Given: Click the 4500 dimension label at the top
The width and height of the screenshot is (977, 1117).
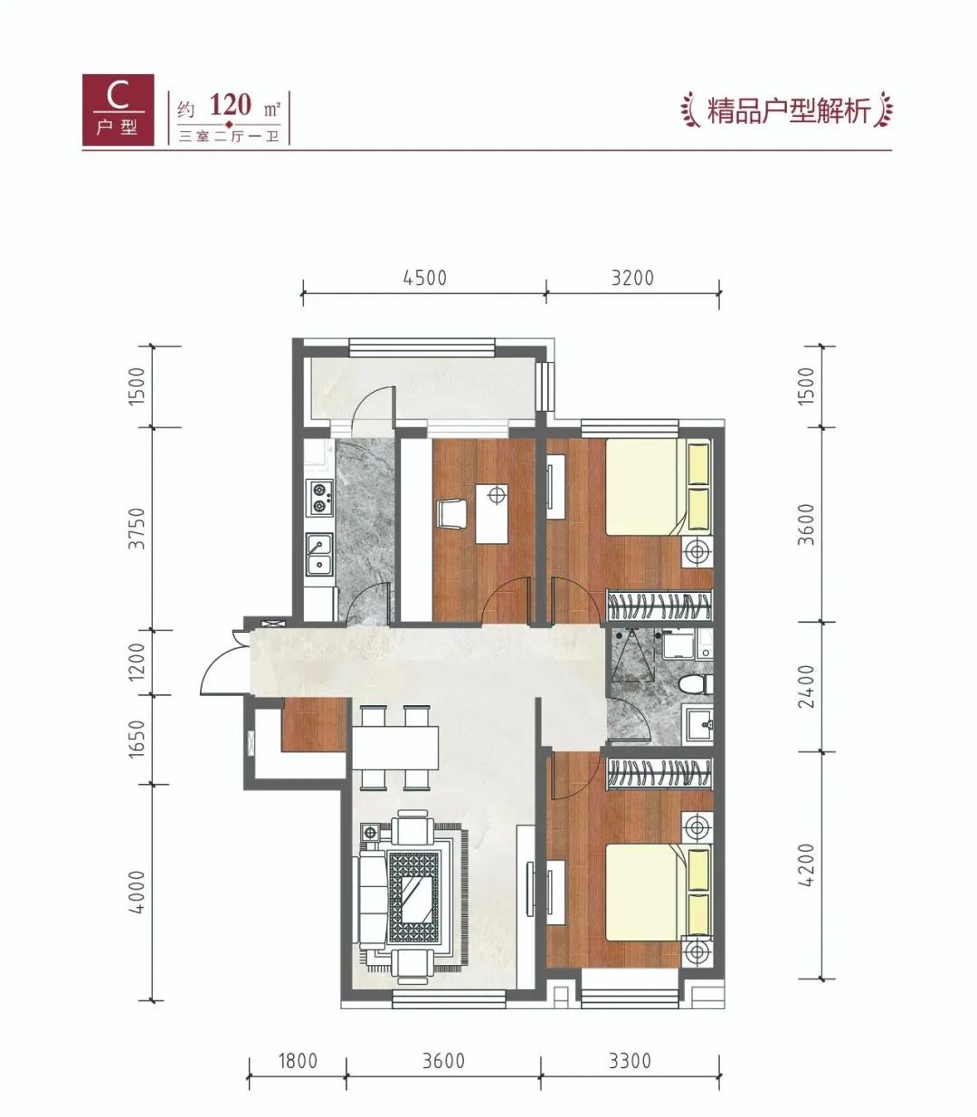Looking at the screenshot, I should (x=425, y=278).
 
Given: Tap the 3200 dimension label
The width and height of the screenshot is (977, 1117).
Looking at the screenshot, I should (x=632, y=278).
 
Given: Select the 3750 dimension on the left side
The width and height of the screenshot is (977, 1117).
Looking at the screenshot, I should (x=137, y=529).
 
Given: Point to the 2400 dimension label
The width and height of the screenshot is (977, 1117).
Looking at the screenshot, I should (x=807, y=686).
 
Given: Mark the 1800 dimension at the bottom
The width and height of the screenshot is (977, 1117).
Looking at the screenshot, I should (x=296, y=1060).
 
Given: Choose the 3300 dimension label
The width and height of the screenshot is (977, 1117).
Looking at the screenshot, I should (x=629, y=1060).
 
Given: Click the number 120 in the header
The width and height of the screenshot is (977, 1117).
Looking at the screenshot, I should (x=230, y=104).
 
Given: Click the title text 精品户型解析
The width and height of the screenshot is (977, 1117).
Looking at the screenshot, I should (x=788, y=111).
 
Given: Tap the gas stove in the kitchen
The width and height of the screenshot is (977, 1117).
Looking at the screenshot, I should (x=319, y=494).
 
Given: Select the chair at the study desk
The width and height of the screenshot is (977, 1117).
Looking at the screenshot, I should (x=451, y=514).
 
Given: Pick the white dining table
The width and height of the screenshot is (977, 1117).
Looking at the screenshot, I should (x=394, y=746).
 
